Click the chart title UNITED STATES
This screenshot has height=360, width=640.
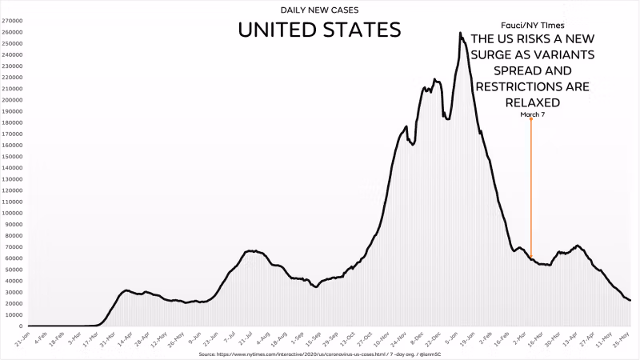click(319, 31)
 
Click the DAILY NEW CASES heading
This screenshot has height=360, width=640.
click(319, 10)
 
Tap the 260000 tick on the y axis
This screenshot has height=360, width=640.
click(11, 33)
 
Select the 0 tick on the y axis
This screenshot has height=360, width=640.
click(19, 326)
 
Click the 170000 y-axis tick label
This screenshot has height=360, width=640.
click(11, 134)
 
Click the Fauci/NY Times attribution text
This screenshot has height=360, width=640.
click(531, 25)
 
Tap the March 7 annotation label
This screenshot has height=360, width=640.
click(531, 114)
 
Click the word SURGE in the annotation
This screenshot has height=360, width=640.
click(498, 55)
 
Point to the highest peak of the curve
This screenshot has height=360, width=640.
click(460, 34)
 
